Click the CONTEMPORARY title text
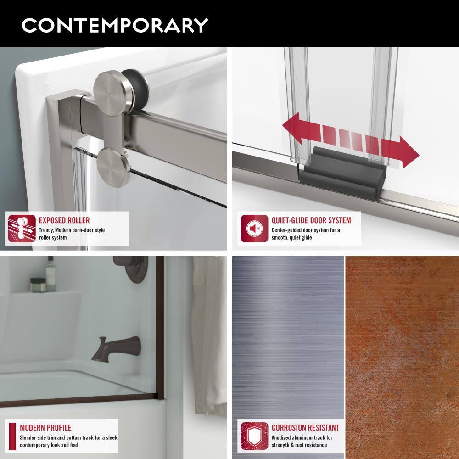[115, 25]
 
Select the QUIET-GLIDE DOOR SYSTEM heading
[311, 220]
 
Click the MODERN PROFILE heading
[45, 428]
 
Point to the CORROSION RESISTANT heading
[305, 428]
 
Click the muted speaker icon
[254, 228]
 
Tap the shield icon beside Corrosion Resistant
[254, 436]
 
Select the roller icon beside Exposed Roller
[22, 228]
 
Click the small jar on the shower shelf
[37, 285]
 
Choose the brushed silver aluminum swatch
[288, 330]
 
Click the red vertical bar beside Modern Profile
[12, 436]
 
